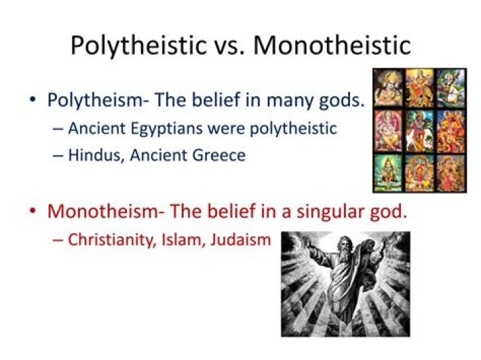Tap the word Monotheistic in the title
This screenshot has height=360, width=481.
coord(332,45)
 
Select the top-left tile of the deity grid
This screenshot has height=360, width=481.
coord(387,87)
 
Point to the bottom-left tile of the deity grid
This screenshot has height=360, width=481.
coord(387,172)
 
